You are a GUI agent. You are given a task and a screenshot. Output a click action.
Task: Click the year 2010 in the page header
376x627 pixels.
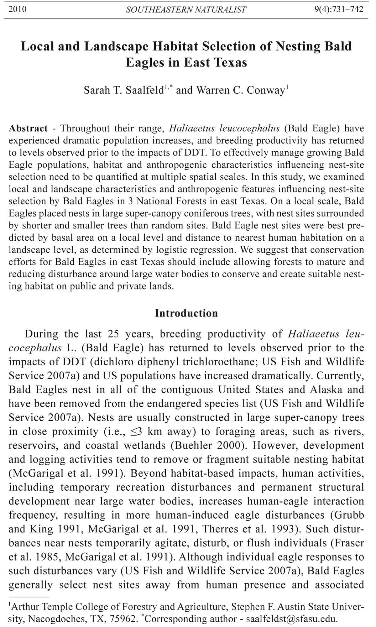[18, 9]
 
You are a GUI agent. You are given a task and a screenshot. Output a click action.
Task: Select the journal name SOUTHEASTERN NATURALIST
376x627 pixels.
[186, 10]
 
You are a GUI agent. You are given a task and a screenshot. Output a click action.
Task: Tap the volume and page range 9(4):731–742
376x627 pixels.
[339, 9]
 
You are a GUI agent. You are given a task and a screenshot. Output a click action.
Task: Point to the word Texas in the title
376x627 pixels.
[231, 62]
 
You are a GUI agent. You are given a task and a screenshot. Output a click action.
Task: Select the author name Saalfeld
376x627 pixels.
[145, 90]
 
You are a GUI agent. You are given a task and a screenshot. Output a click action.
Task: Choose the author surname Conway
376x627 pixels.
[265, 90]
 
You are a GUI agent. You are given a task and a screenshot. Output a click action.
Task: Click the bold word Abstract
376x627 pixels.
[28, 128]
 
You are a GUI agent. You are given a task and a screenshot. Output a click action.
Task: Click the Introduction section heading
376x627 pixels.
[186, 313]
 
